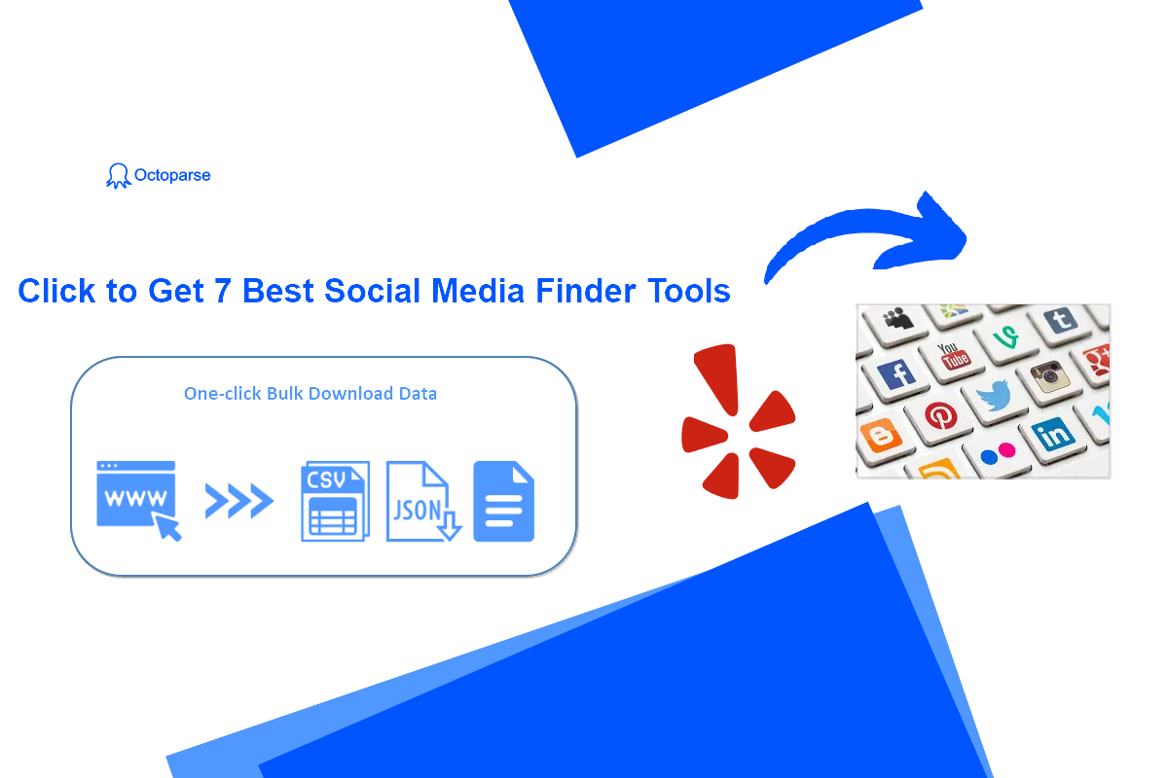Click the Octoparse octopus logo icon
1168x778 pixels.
coord(118,176)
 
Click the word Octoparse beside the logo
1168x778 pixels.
coord(172,175)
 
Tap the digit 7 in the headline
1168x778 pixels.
coord(222,291)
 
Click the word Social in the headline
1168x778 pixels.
coord(372,290)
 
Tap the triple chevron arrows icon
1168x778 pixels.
coord(239,501)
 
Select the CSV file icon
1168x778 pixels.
coord(335,501)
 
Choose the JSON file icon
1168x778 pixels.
coord(423,501)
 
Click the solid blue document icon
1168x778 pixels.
coord(504,501)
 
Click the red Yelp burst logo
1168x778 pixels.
coord(739,421)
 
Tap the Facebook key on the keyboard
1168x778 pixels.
coord(895,375)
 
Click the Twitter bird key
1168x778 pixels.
coord(995,398)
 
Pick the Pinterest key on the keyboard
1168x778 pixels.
coord(939,417)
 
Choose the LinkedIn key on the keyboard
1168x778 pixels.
coord(1054,436)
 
